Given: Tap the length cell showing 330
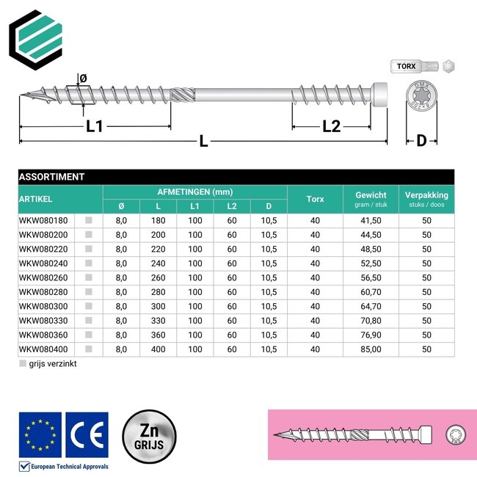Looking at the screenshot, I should tap(159, 321).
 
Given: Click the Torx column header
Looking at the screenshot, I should tap(315, 199).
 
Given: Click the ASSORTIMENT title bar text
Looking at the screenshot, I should tap(52, 177).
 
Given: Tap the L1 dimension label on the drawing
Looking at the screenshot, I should tap(95, 126).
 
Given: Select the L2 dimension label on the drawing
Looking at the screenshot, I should tap(332, 126).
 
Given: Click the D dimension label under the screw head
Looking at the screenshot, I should tap(421, 140).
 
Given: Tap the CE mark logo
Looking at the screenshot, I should tap(87, 434).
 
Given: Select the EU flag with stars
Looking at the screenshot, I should tap(40, 434).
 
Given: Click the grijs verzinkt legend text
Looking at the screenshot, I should tap(53, 363).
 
